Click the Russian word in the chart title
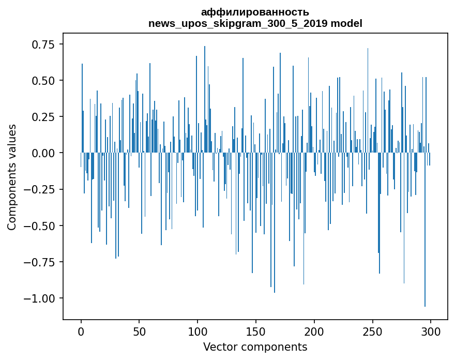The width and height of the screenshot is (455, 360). tap(255, 12)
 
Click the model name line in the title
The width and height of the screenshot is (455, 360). tap(255, 23)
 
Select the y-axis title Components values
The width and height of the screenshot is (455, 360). tap(12, 177)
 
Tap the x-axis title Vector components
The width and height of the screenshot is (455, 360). tap(255, 347)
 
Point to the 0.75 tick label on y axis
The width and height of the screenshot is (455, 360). tap(42, 44)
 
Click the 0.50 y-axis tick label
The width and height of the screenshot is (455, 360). tap(42, 81)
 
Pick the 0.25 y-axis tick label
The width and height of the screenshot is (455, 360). tap(42, 117)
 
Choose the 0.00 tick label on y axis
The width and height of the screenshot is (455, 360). tap(42, 153)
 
